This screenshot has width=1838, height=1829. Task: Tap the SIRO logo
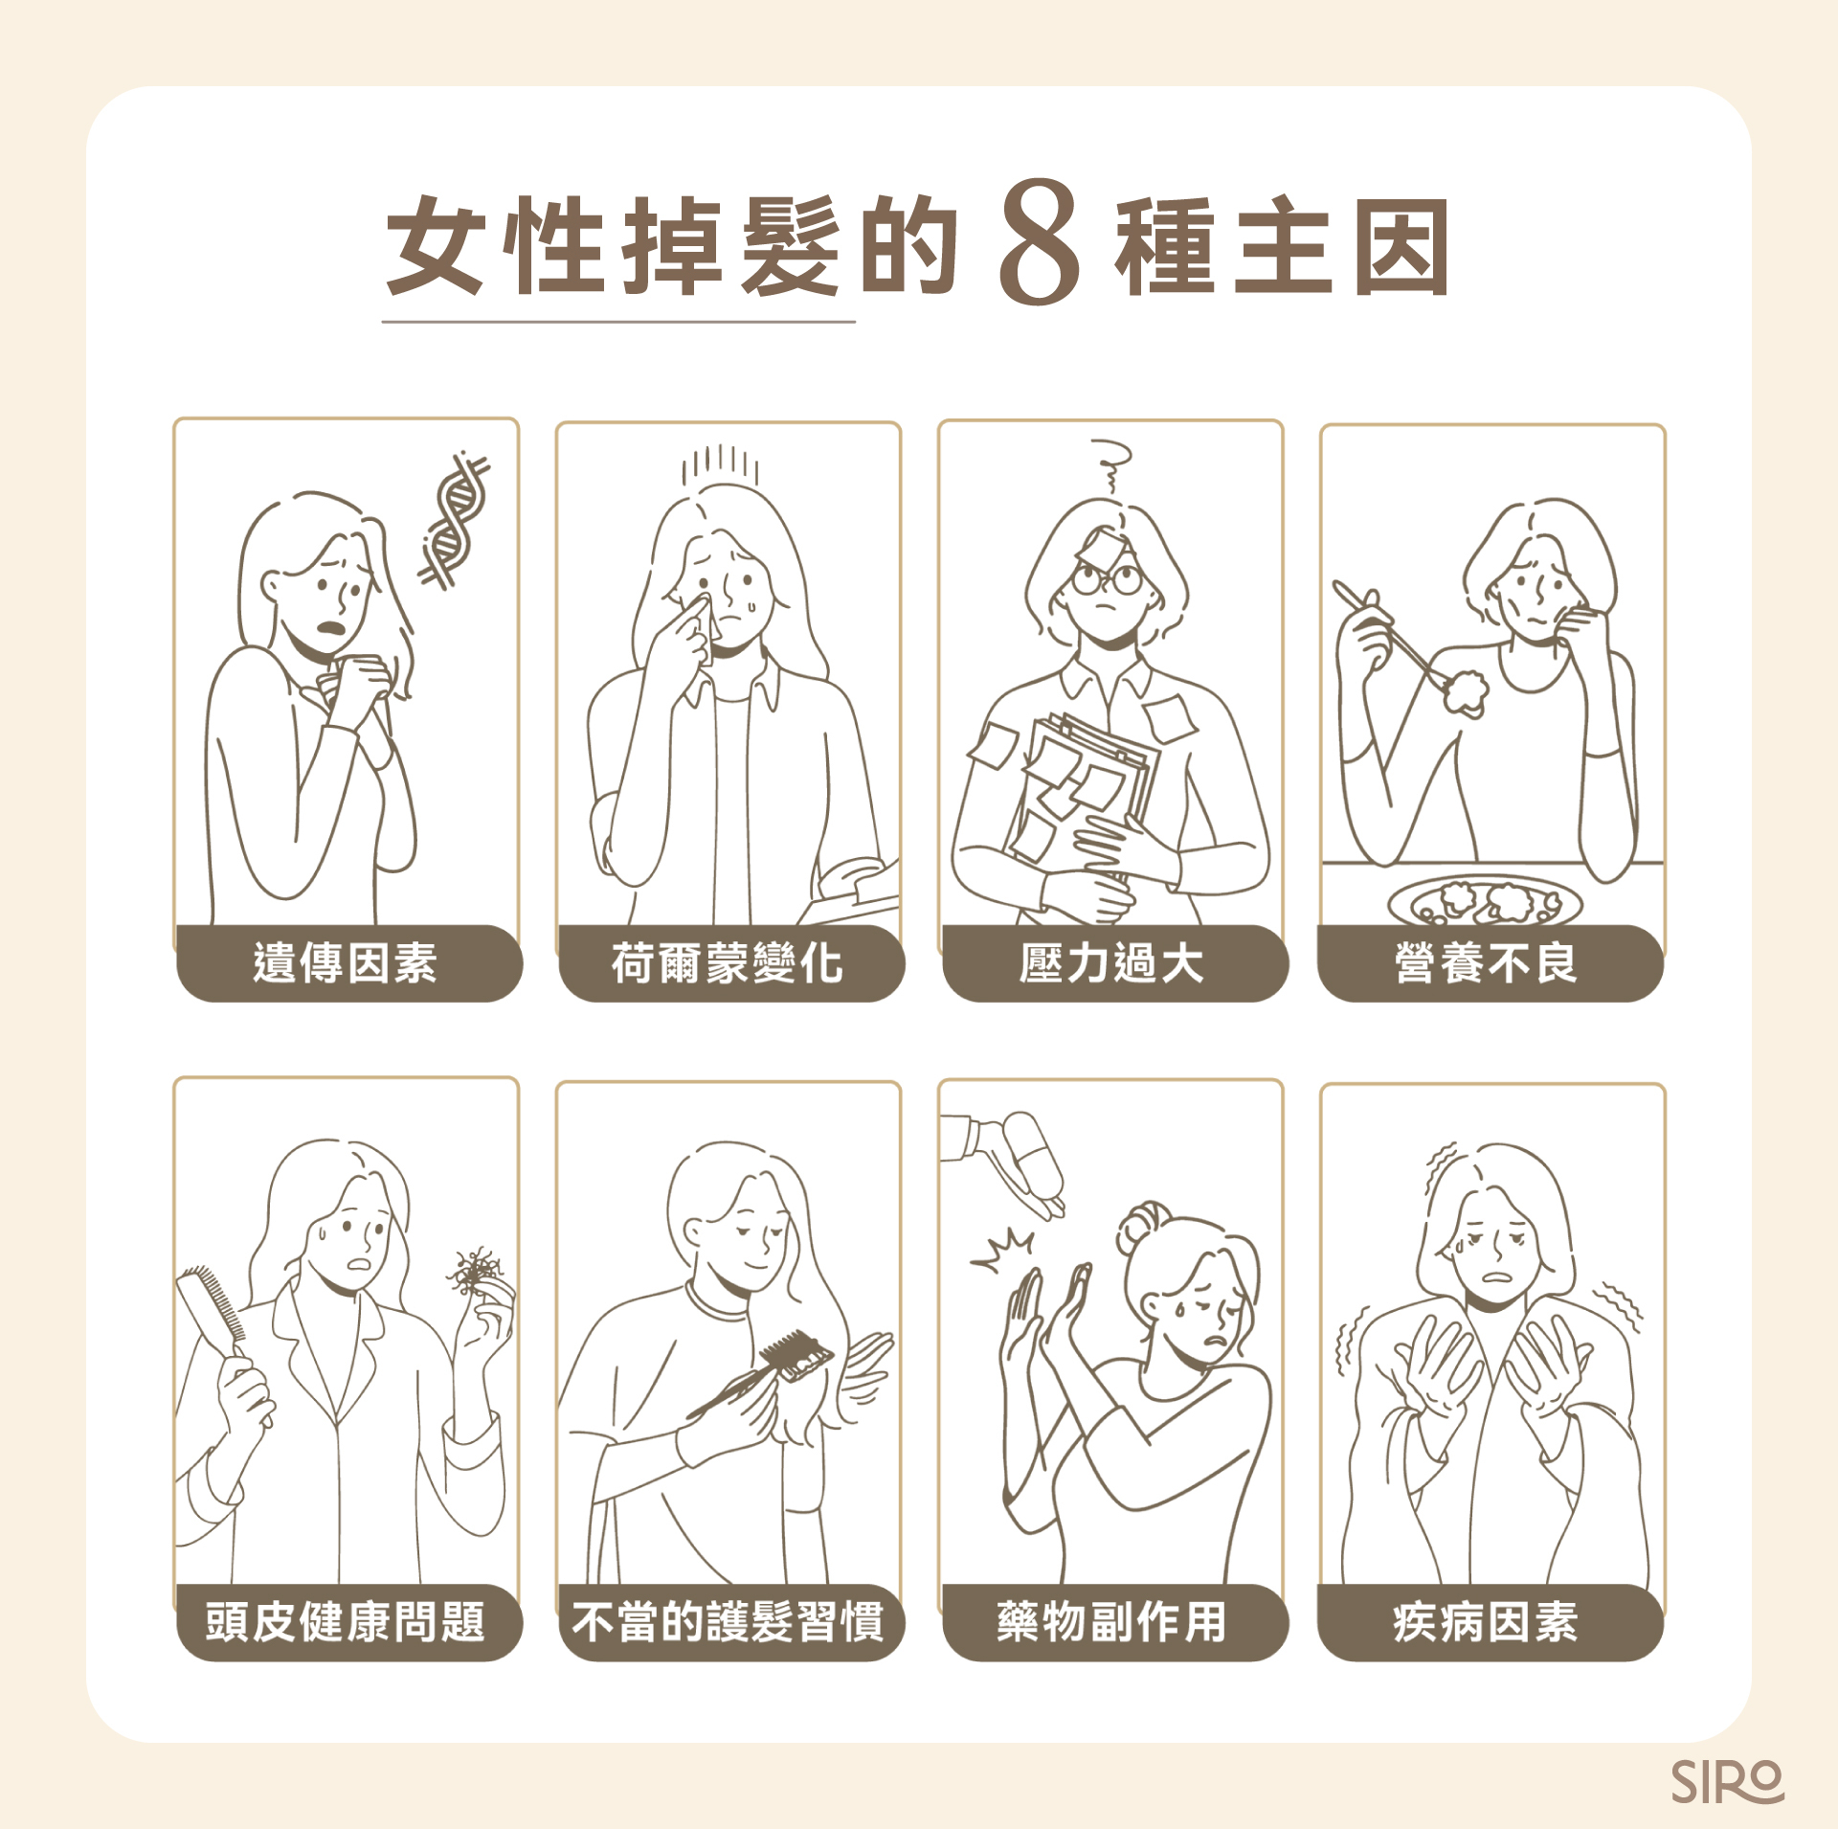[1727, 1781]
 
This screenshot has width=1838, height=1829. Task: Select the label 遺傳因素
[347, 962]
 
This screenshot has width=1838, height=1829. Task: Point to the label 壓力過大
[1112, 962]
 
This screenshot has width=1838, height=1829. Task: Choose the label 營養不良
[1488, 962]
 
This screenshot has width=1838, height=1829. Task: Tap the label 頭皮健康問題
[347, 1622]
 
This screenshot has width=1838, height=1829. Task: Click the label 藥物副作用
[1112, 1622]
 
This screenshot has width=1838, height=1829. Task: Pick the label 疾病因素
[1488, 1622]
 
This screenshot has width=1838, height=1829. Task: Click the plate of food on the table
[1484, 901]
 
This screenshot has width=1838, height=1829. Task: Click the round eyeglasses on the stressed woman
[1107, 578]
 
